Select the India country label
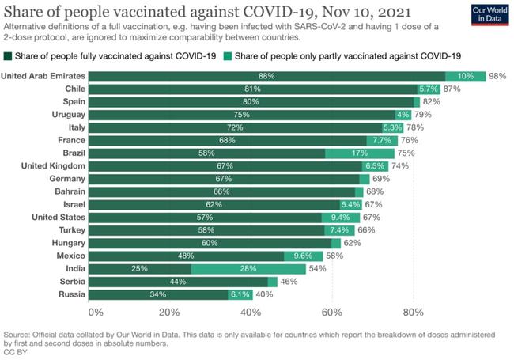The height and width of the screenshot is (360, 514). pyautogui.click(x=73, y=268)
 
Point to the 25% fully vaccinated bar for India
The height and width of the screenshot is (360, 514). pyautogui.click(x=139, y=268)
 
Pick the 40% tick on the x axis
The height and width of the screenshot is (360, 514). pyautogui.click(x=251, y=313)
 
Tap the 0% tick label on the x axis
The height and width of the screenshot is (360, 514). pyautogui.click(x=96, y=313)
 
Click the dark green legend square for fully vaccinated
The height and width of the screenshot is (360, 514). pyautogui.click(x=9, y=55)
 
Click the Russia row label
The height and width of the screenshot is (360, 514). pyautogui.click(x=71, y=294)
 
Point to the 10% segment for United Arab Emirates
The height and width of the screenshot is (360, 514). pyautogui.click(x=465, y=76)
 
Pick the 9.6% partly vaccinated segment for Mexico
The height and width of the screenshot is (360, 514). pyautogui.click(x=303, y=256)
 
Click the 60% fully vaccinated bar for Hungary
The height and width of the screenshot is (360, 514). pyautogui.click(x=210, y=243)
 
